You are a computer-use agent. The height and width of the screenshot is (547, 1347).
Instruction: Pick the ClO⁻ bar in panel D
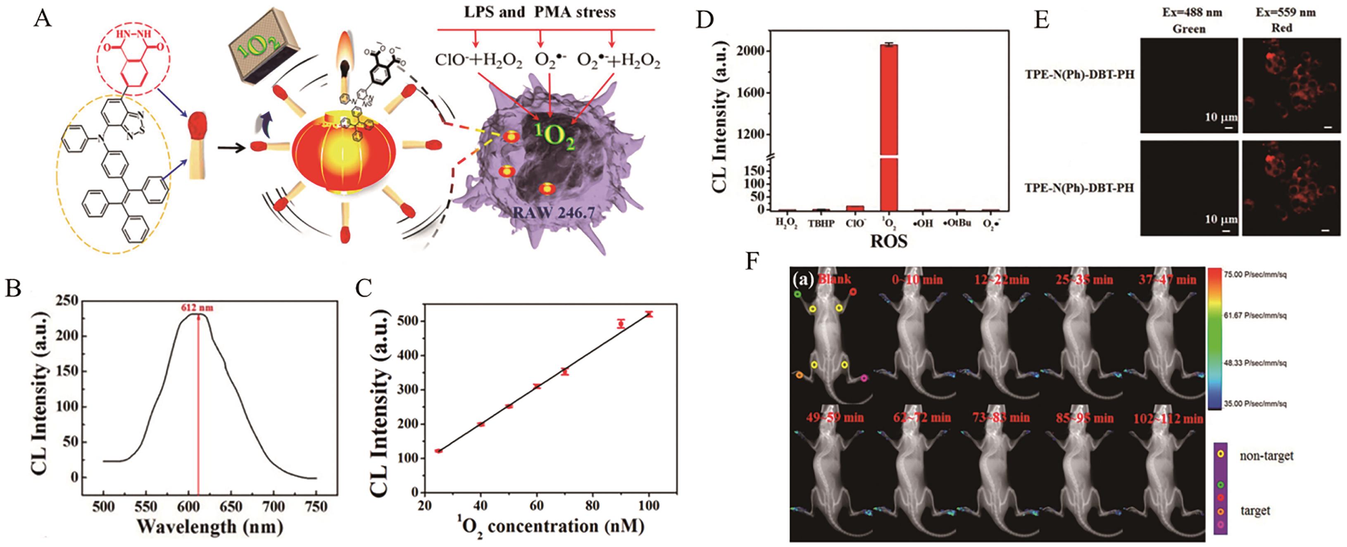pos(854,208)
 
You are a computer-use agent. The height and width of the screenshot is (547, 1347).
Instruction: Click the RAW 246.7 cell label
pos(554,213)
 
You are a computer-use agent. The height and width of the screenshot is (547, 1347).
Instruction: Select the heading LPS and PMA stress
pos(540,12)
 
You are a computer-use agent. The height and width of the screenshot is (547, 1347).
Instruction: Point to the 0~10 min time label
pos(917,279)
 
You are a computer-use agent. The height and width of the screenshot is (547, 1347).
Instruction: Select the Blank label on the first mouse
pos(834,279)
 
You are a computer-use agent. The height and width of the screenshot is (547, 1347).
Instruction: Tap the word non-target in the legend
pos(1266,456)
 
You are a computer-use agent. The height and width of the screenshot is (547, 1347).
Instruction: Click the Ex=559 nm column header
pos(1285,12)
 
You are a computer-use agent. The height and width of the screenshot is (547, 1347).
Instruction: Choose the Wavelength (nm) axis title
pos(209,527)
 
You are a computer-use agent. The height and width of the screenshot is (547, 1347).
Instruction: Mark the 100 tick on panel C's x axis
pos(649,506)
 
